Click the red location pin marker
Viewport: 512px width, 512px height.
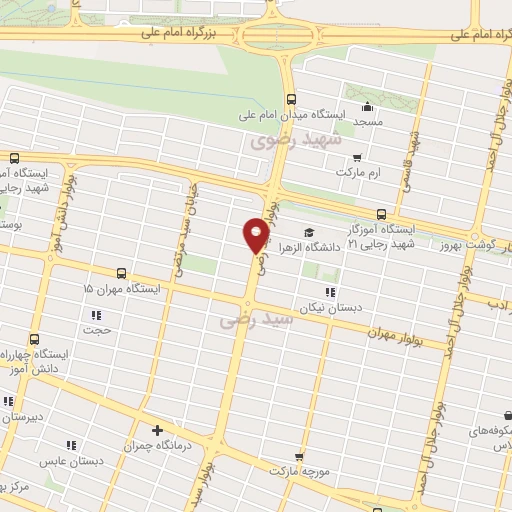click(256, 235)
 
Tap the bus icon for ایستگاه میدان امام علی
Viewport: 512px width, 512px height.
click(291, 99)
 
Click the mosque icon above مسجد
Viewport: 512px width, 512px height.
click(367, 107)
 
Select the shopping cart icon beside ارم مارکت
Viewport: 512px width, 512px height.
click(357, 157)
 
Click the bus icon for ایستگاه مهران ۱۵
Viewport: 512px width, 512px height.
click(121, 273)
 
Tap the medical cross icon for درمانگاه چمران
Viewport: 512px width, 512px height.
click(156, 430)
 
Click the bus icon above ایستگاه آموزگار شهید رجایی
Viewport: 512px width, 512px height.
click(381, 214)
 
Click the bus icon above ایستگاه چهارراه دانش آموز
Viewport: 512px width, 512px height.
click(35, 340)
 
